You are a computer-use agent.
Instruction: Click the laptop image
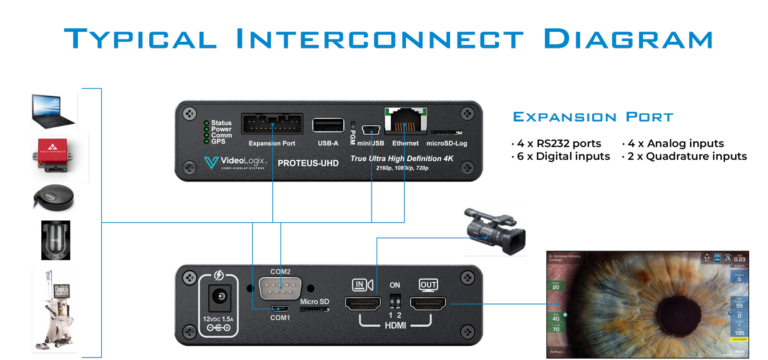(53, 111)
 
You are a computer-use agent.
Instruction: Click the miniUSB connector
(371, 130)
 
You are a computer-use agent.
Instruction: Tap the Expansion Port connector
(272, 124)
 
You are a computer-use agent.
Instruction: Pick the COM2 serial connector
(280, 288)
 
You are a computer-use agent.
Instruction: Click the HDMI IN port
(362, 303)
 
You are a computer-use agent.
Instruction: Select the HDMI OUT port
(428, 303)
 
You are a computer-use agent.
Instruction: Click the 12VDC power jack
(220, 297)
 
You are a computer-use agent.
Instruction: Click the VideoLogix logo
(235, 162)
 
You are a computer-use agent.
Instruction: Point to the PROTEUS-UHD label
(308, 163)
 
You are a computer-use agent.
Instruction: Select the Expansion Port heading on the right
(593, 117)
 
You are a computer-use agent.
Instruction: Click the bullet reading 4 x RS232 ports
(557, 144)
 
